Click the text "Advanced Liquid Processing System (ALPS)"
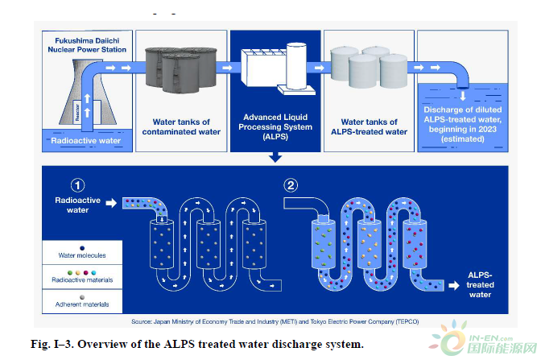coord(275,127)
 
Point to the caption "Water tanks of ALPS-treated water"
coord(369,126)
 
